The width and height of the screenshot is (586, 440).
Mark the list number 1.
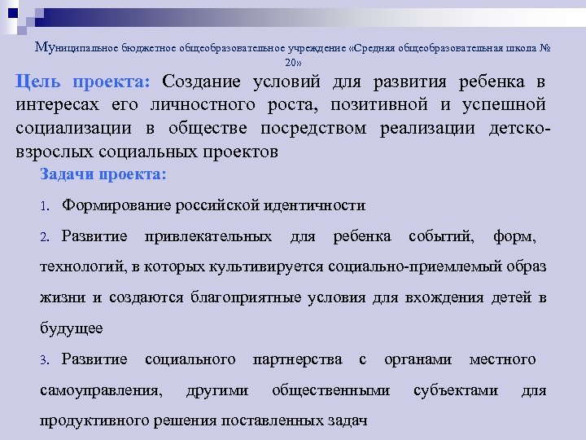[x=46, y=206]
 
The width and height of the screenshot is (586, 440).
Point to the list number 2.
[x=46, y=237]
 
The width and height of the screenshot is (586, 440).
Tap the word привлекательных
[x=208, y=236]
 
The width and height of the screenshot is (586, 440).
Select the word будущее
[x=72, y=328]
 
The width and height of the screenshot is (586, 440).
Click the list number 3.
[x=46, y=359]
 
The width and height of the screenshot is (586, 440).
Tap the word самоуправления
[x=99, y=389]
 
